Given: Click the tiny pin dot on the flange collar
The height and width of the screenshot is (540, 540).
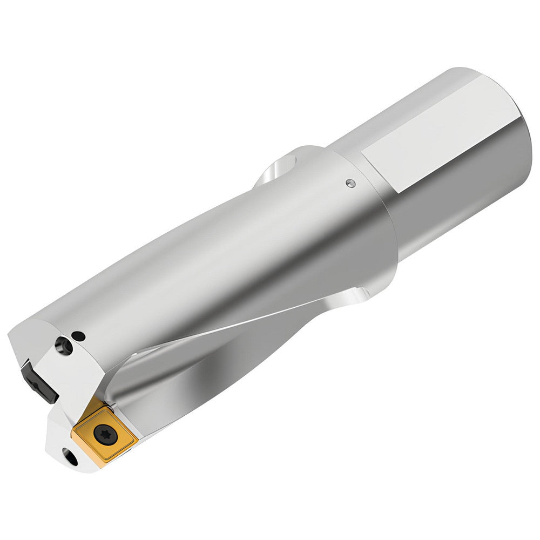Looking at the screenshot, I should [x=350, y=183].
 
